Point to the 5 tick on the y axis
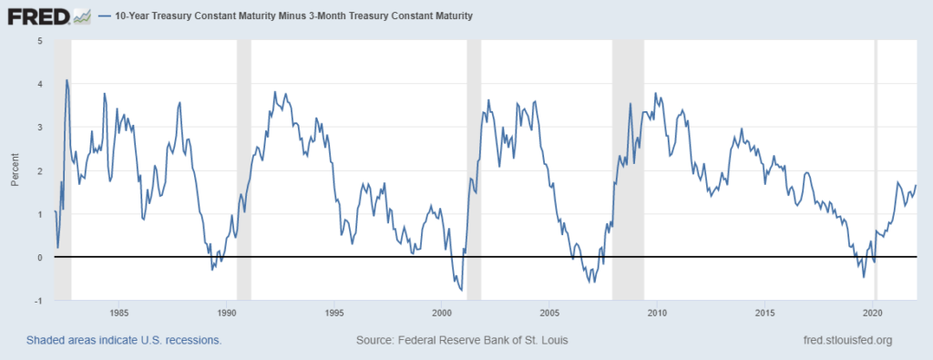coord(39,41)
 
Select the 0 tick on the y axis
coord(39,258)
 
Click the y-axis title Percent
coord(15,170)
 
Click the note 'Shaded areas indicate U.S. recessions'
coord(124,341)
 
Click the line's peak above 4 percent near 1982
coord(67,80)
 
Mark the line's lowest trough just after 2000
coord(462,290)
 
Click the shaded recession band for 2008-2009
coord(628,170)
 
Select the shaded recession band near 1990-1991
coord(243,170)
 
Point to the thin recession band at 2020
coord(876,170)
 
